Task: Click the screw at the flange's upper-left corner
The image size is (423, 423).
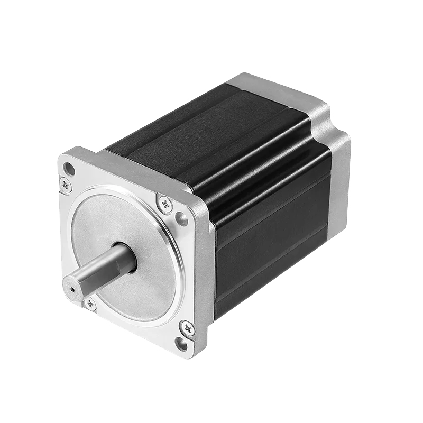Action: pos(66,185)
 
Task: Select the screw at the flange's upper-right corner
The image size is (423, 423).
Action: pos(165,202)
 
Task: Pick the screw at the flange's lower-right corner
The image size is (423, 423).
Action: pos(187,328)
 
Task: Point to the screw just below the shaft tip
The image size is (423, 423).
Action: pos(90,304)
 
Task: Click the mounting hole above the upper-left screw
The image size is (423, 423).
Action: pos(68,169)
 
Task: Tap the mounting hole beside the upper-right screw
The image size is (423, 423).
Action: pos(181,218)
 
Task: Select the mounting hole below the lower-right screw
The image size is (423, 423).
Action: pos(181,345)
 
